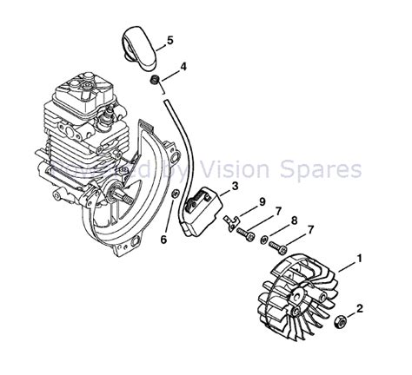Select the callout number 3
tap(235, 187)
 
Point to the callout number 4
tap(183, 67)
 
